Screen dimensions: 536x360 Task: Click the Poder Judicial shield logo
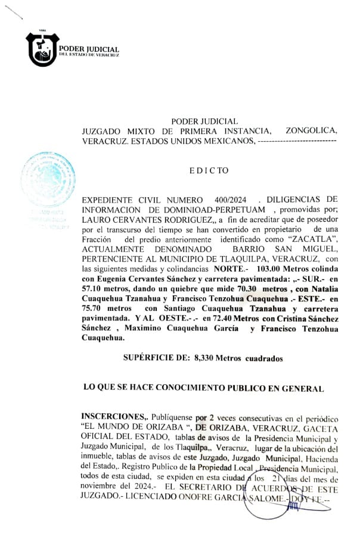42,49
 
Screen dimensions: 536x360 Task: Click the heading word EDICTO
209,170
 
